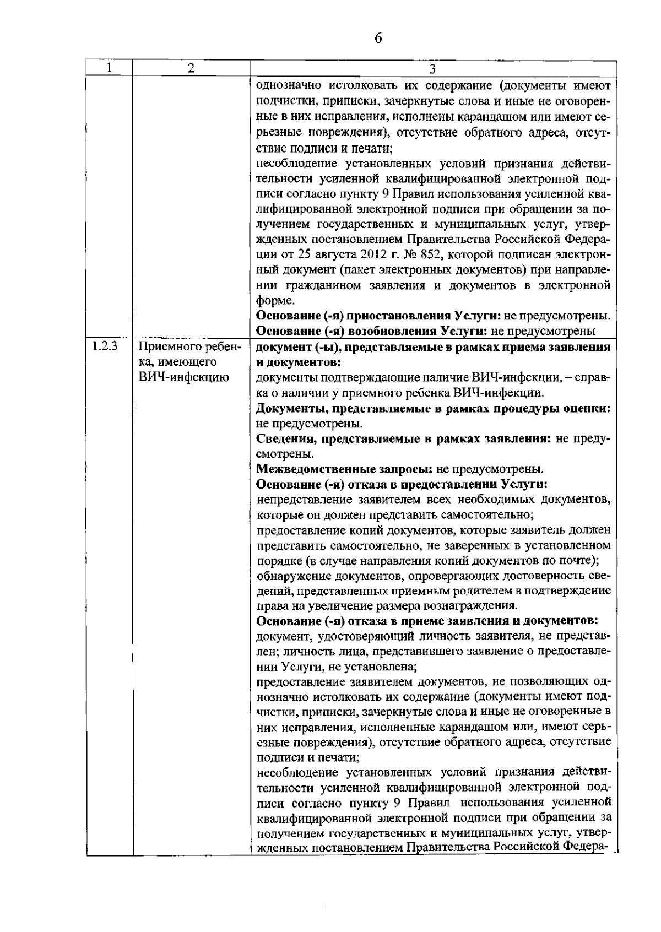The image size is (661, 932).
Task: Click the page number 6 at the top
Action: tap(378, 38)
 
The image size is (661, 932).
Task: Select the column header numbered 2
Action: tap(191, 68)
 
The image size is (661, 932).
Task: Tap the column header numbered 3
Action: tap(432, 68)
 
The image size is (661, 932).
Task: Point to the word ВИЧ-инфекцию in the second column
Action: tap(183, 377)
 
